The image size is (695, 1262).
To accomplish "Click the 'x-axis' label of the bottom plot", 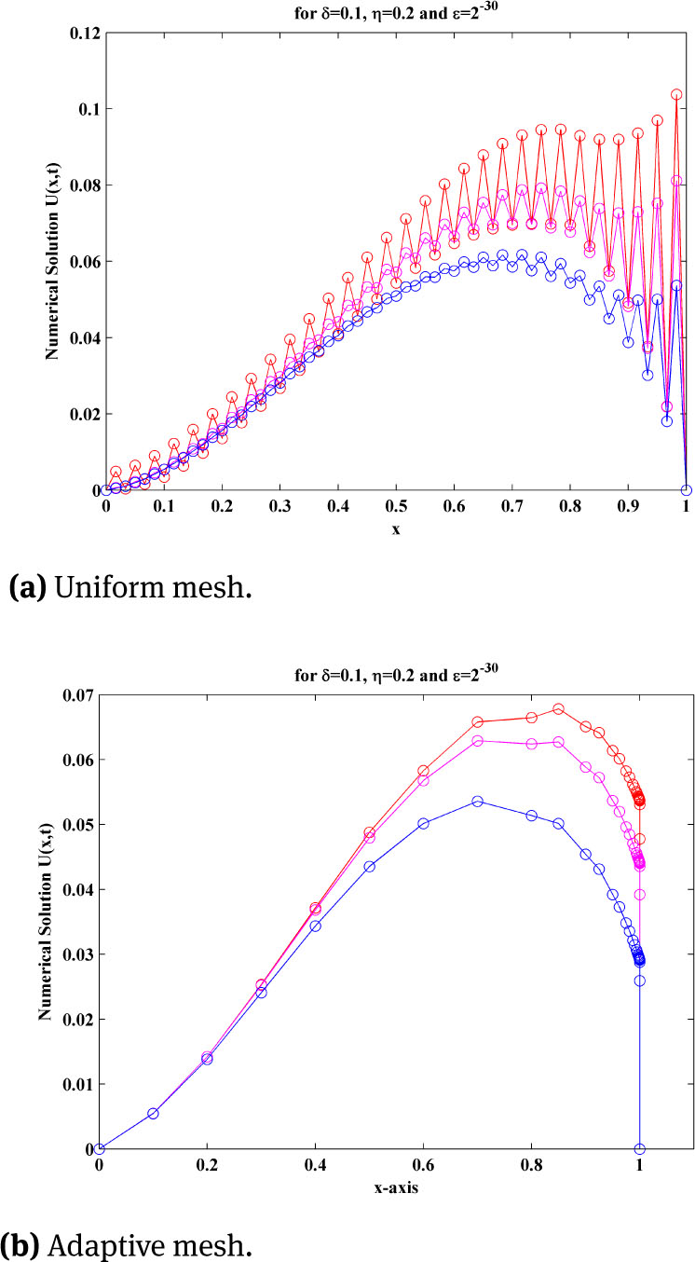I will [369, 1184].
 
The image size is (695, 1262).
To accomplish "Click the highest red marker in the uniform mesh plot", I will [676, 94].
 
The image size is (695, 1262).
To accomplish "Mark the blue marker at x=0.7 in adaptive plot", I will [478, 802].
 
